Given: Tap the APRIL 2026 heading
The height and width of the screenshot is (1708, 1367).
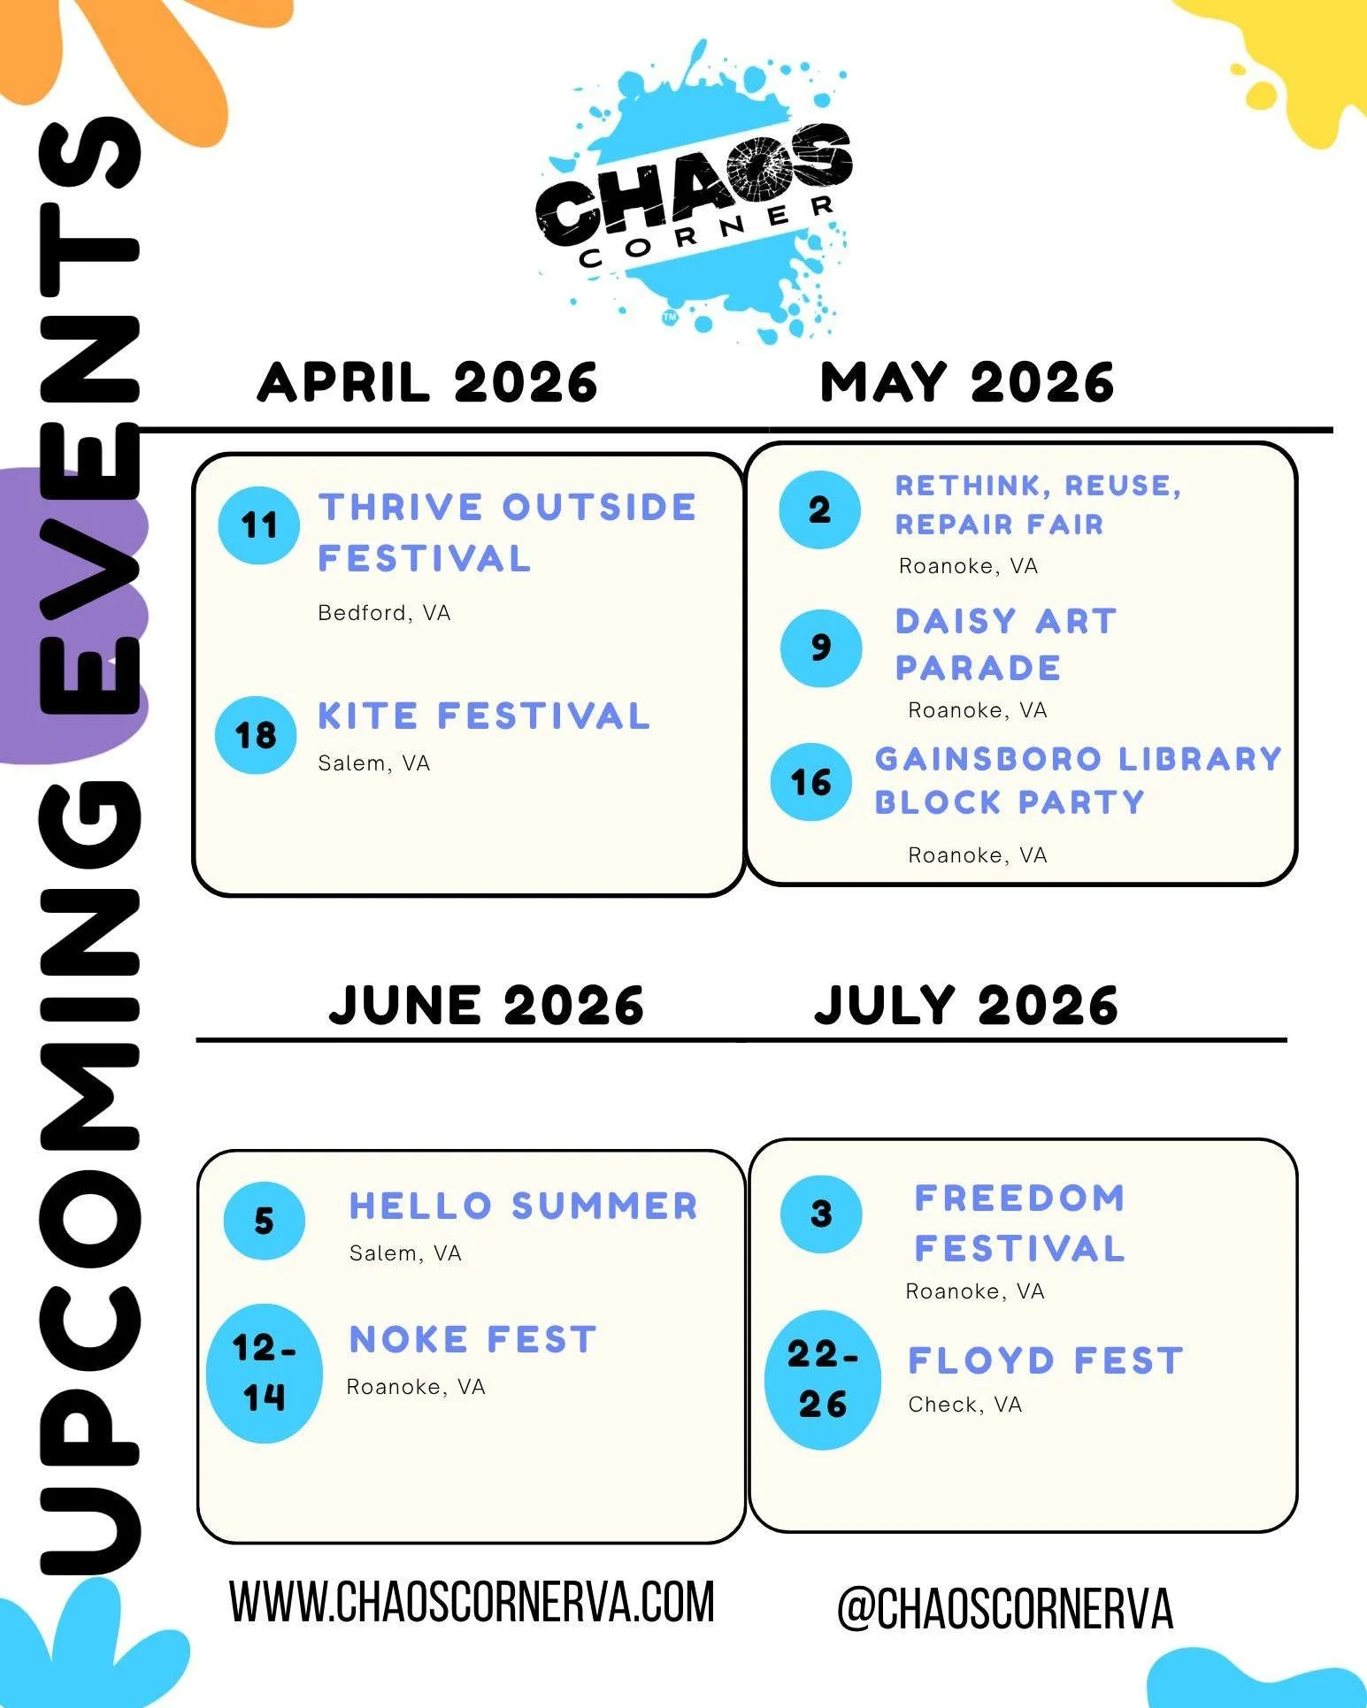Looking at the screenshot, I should tap(427, 383).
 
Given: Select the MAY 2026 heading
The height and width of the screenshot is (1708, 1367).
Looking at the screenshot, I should tap(966, 383).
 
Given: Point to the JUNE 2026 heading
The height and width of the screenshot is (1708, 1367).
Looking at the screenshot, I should tap(486, 1006).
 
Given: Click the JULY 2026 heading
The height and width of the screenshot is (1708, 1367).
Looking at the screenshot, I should tap(965, 1006).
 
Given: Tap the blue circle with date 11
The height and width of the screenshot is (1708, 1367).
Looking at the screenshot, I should tap(258, 525).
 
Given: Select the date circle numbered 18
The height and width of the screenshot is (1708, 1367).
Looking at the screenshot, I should tap(256, 735).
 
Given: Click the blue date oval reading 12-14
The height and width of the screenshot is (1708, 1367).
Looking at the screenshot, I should tap(264, 1373).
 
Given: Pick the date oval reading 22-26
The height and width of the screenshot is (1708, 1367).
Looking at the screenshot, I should tap(823, 1379).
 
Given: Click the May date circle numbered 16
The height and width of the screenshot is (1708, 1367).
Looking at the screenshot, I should tap(810, 782).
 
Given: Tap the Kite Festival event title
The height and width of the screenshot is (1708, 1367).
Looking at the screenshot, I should tap(484, 716).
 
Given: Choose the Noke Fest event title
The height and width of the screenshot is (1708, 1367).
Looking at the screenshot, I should tap(472, 1339).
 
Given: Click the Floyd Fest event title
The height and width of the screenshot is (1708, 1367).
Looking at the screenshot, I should tap(1045, 1360).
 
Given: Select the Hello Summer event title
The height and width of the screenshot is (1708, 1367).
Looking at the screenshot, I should tap(524, 1206).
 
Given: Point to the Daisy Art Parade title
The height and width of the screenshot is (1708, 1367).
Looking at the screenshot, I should tap(1005, 644).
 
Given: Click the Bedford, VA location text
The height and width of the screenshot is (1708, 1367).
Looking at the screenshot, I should tap(384, 613).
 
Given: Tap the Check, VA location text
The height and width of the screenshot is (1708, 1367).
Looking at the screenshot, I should tap(964, 1405).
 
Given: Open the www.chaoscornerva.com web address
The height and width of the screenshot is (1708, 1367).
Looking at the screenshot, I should tap(472, 1602).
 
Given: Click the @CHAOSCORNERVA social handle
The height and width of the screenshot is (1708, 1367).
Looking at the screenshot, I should tap(1004, 1607).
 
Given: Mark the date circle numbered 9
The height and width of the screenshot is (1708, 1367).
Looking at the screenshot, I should tap(821, 647).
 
